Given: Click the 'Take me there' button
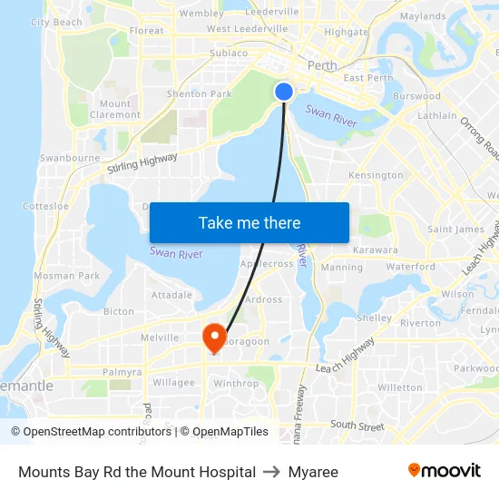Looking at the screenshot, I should (249, 222).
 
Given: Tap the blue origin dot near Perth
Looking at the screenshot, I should (284, 92).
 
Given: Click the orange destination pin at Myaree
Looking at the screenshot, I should (215, 338).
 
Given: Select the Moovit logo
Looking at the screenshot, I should (444, 471).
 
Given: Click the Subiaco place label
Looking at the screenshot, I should (229, 53).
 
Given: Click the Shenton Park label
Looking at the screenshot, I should (200, 93).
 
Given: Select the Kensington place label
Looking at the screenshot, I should (376, 175).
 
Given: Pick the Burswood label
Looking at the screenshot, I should (416, 96).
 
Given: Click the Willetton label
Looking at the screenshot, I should (400, 387).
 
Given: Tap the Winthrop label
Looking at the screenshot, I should (236, 384).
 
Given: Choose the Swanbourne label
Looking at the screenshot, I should (70, 158).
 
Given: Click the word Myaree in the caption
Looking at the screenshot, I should (313, 472).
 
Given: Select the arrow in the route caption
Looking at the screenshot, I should (272, 472).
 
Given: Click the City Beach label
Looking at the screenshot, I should (56, 22).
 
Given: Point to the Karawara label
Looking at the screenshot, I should (376, 249).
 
